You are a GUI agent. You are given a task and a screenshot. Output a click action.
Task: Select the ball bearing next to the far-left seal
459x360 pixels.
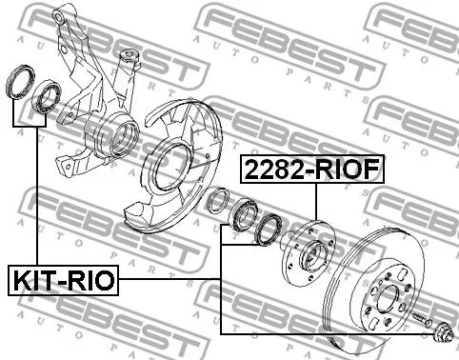(x=47, y=97)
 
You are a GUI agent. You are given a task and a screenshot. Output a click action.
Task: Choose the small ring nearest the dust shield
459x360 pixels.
(x=217, y=201)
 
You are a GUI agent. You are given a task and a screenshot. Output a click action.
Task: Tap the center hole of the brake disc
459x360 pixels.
(x=390, y=285)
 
